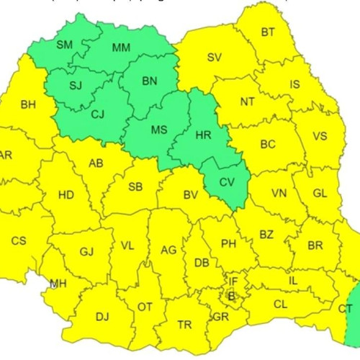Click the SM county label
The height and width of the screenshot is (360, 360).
(x=64, y=45)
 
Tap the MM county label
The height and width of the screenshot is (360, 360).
(x=120, y=48)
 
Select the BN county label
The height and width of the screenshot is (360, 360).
(x=149, y=81)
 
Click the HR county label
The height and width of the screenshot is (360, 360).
(x=204, y=135)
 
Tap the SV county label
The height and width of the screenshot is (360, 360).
(x=215, y=58)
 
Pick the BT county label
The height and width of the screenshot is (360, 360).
(x=268, y=32)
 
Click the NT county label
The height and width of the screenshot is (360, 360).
(x=247, y=102)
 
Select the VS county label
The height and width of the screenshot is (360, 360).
(x=320, y=135)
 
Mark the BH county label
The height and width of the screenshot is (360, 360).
(x=28, y=105)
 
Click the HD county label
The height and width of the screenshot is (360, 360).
(x=66, y=195)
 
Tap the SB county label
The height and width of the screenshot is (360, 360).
(x=135, y=187)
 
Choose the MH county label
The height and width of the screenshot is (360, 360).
(x=58, y=284)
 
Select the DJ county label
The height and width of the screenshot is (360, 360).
(x=102, y=316)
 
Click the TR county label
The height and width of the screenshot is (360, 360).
(x=184, y=325)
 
